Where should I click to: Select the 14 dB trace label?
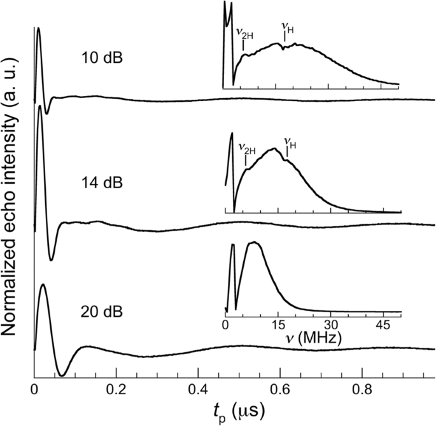(x=102, y=184)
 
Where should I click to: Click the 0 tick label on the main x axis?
(x=33, y=387)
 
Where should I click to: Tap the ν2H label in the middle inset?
(x=247, y=148)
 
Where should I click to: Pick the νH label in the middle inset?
(x=290, y=144)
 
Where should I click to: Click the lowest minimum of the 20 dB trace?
(x=61, y=375)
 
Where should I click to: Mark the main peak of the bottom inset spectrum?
(x=254, y=242)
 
